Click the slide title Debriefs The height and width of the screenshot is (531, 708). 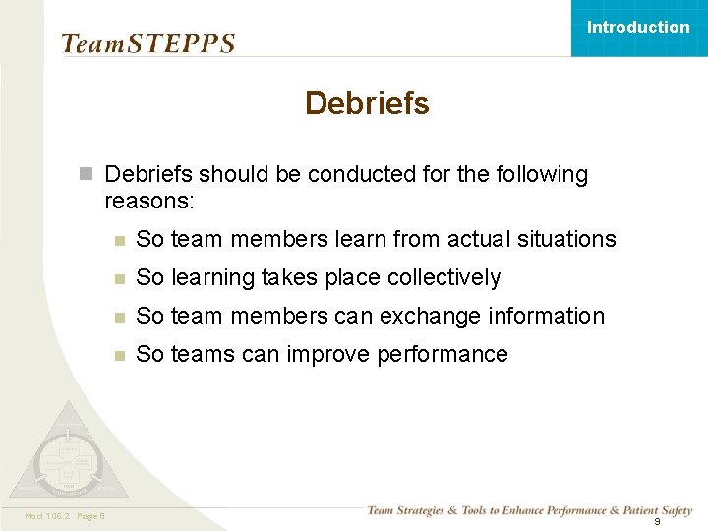coord(367,103)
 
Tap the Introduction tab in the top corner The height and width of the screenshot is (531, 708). coord(638,28)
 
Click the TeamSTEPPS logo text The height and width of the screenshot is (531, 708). coord(148,43)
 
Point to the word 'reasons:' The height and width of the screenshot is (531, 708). coord(149,201)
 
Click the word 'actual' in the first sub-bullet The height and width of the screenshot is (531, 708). coord(480,239)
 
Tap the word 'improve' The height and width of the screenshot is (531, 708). coord(324,354)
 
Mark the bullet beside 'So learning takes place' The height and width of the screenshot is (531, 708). coord(118,278)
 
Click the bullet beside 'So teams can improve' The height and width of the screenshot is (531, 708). coord(118,355)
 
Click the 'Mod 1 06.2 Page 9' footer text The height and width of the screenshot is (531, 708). coord(65,516)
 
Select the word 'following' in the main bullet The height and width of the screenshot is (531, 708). coord(542,175)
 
